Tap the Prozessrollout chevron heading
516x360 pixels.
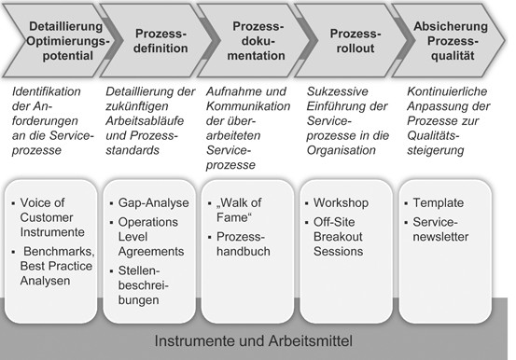[x=352, y=43]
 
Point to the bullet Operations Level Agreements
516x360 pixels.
[x=150, y=239]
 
